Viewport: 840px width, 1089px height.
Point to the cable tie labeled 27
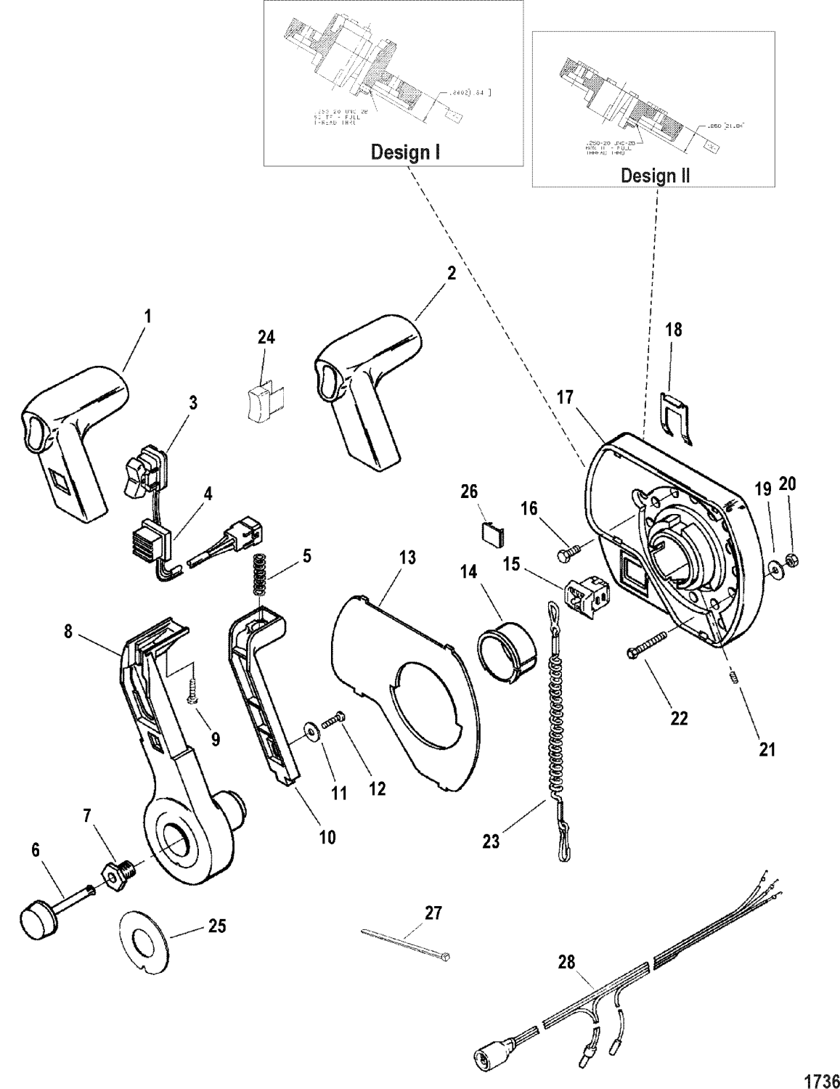[x=407, y=943]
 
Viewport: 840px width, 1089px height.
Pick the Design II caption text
[x=655, y=175]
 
